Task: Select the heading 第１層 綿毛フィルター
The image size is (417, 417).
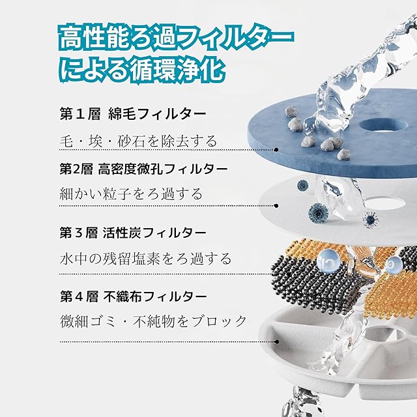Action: coord(133,114)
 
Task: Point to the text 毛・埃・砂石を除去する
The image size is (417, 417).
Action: coord(139,141)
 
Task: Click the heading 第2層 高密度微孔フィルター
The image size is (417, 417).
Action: coord(143,169)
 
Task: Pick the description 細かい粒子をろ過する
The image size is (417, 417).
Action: coord(131,194)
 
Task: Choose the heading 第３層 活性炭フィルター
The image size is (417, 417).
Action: coord(133,233)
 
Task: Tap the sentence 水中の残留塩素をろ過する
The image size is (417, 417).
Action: coord(145,258)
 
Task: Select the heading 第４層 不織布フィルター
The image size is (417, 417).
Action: coord(133,296)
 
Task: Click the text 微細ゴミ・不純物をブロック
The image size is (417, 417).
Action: coord(154,321)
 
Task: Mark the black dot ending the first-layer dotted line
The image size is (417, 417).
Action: coord(276,150)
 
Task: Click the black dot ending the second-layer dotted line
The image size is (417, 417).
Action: coord(276,206)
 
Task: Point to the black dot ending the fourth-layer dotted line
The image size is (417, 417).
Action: coord(276,341)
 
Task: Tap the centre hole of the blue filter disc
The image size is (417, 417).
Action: coord(383,125)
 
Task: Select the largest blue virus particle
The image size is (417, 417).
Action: coord(318,213)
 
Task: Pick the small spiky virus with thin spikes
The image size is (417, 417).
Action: coord(371,220)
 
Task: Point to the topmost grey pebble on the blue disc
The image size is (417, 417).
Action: coord(291,111)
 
